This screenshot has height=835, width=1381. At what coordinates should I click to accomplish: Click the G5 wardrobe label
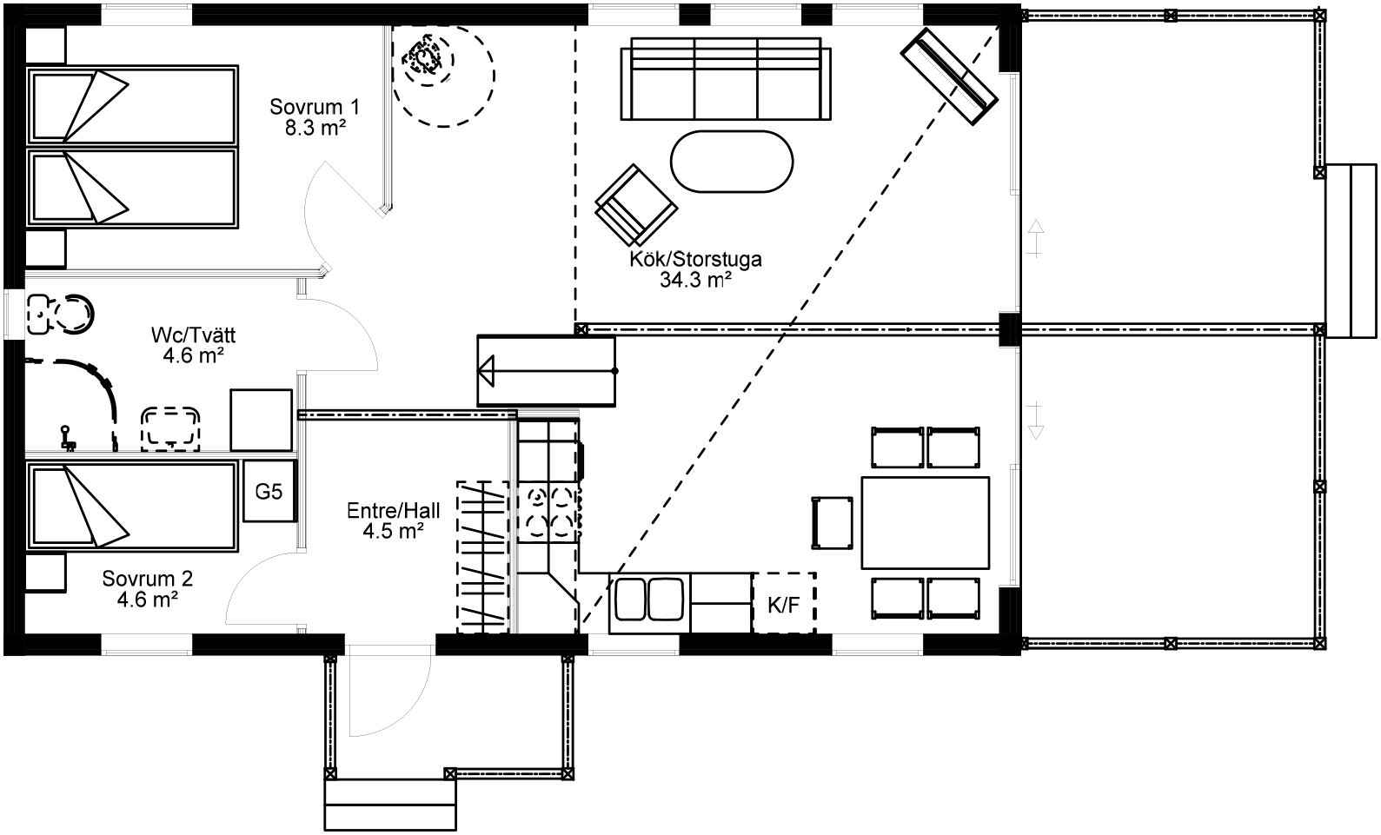[269, 492]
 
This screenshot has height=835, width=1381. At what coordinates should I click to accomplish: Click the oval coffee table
[732, 162]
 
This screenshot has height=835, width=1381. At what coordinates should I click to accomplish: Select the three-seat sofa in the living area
[726, 78]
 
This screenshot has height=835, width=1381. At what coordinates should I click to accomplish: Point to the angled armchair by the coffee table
[636, 205]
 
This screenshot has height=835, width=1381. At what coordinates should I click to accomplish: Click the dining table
[926, 522]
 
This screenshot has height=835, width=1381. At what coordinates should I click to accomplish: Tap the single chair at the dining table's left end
[833, 522]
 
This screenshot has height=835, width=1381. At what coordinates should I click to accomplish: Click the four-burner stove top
[548, 513]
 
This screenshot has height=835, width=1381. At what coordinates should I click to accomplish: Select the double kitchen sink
[650, 599]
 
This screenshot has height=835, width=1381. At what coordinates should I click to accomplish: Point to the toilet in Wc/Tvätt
[61, 315]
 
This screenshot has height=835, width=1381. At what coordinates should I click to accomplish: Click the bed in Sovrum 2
[132, 506]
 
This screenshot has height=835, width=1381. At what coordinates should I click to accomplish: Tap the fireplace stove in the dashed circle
[428, 59]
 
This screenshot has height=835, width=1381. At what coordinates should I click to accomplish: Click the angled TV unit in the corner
[949, 76]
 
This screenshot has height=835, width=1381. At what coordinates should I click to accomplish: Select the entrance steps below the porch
[390, 805]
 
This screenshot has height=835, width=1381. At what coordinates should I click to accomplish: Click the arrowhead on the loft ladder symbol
[486, 371]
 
